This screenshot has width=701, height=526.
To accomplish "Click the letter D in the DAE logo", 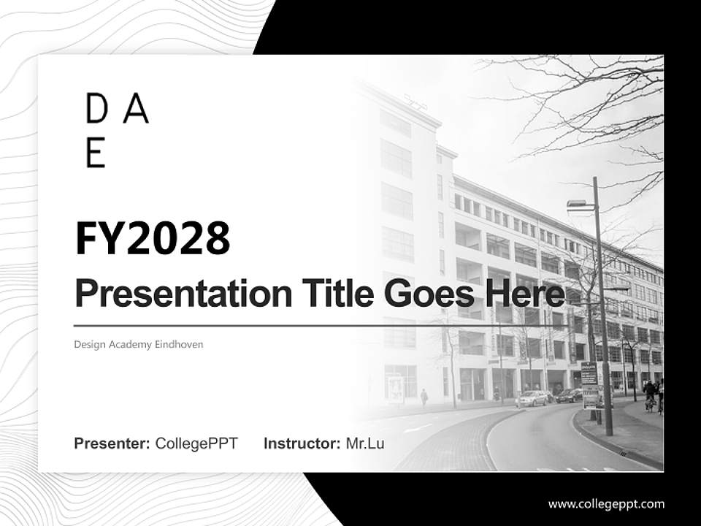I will pos(96,109).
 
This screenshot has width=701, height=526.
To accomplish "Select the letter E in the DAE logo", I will pos(96,152).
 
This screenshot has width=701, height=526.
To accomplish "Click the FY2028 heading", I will pos(153,238).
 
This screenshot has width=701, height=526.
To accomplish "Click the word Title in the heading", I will pos(332,294).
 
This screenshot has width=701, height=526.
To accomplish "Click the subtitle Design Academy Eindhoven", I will pos(138,344).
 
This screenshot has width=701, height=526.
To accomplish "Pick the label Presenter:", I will pos(112,443).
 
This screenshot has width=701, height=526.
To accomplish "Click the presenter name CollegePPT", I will pos(196,443).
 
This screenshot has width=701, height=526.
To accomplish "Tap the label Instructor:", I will pos(302,443).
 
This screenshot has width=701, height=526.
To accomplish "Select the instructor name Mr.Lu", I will pos(365,443).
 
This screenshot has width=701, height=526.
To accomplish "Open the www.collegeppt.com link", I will pos(606,503).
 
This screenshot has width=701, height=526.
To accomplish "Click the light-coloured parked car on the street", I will pos(532,398).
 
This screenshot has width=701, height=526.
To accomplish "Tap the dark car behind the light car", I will pos(569,395).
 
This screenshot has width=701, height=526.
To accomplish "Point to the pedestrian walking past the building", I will pos(424,397).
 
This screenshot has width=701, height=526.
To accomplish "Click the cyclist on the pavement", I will pos(648,395).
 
